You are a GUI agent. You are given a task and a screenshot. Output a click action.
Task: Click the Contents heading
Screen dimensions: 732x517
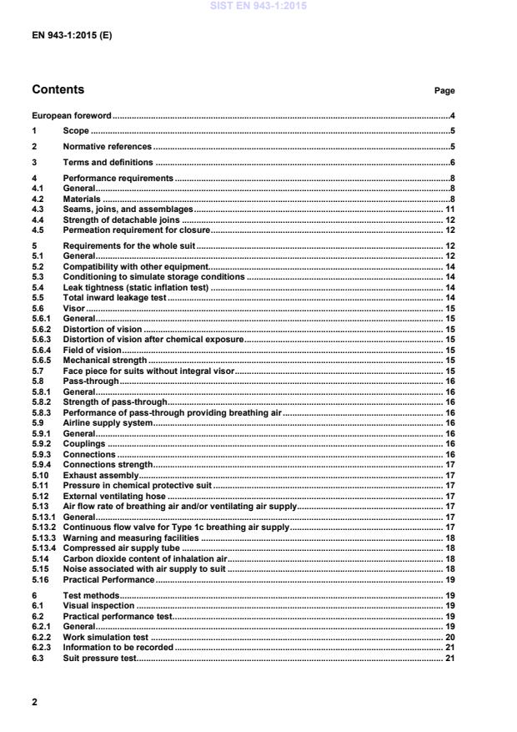(x=58, y=89)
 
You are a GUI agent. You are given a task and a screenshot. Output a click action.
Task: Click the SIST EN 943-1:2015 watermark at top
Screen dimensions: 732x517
(x=258, y=5)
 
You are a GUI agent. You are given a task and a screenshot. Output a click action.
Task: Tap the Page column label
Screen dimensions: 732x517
(x=444, y=90)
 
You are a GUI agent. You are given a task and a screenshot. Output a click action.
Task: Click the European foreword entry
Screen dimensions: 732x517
(x=72, y=115)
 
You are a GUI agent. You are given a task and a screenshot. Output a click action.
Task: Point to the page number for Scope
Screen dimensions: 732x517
(x=451, y=131)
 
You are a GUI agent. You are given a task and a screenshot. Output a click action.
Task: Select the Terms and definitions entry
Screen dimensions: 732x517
(x=108, y=163)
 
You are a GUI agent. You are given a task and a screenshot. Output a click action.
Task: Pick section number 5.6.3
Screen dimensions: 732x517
(x=41, y=339)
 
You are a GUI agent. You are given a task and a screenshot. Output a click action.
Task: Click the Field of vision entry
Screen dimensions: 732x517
(x=92, y=350)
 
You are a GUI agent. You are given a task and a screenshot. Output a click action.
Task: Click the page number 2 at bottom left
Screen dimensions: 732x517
(x=34, y=702)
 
